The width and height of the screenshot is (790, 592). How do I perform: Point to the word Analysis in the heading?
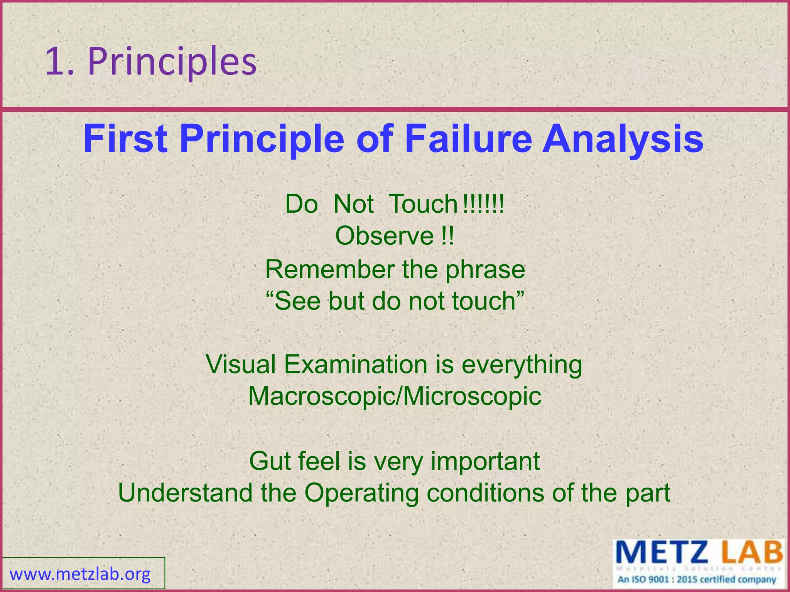coord(623,140)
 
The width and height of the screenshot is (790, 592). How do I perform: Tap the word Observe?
coord(384,236)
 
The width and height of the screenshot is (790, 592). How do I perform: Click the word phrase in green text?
coord(485,270)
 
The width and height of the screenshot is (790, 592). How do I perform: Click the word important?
coord(485,461)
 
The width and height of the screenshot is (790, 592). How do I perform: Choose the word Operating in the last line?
coord(361,493)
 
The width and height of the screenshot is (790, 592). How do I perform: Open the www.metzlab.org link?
coord(80,574)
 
